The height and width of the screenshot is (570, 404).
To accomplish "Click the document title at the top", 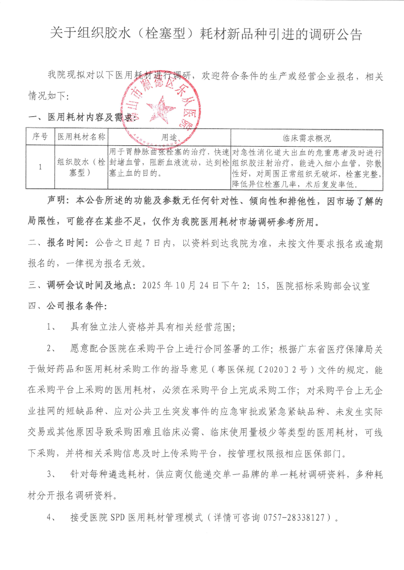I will pyautogui.click(x=206, y=34).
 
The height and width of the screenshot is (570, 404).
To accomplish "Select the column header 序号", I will pyautogui.click(x=40, y=137).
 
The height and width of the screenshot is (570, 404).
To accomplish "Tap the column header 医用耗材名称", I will pyautogui.click(x=81, y=137).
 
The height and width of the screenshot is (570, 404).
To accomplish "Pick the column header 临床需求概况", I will pyautogui.click(x=307, y=138).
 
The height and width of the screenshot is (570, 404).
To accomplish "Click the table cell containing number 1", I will pyautogui.click(x=40, y=167).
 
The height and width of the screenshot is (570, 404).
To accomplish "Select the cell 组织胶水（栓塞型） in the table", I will pyautogui.click(x=81, y=167).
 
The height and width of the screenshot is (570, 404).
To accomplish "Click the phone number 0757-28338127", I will pyautogui.click(x=295, y=517).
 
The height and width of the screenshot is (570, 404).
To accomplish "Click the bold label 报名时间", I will pyautogui.click(x=65, y=243).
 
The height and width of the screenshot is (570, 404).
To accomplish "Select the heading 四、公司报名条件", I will pyautogui.click(x=67, y=306).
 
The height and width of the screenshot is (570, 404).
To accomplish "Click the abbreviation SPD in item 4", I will pyautogui.click(x=118, y=517).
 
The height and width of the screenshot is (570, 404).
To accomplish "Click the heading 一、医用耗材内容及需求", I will pyautogui.click(x=81, y=117).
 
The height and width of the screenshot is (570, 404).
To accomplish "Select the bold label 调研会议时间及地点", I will pyautogui.click(x=90, y=286).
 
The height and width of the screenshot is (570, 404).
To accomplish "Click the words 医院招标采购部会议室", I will pyautogui.click(x=323, y=286).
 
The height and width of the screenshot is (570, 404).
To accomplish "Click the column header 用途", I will pyautogui.click(x=169, y=138).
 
